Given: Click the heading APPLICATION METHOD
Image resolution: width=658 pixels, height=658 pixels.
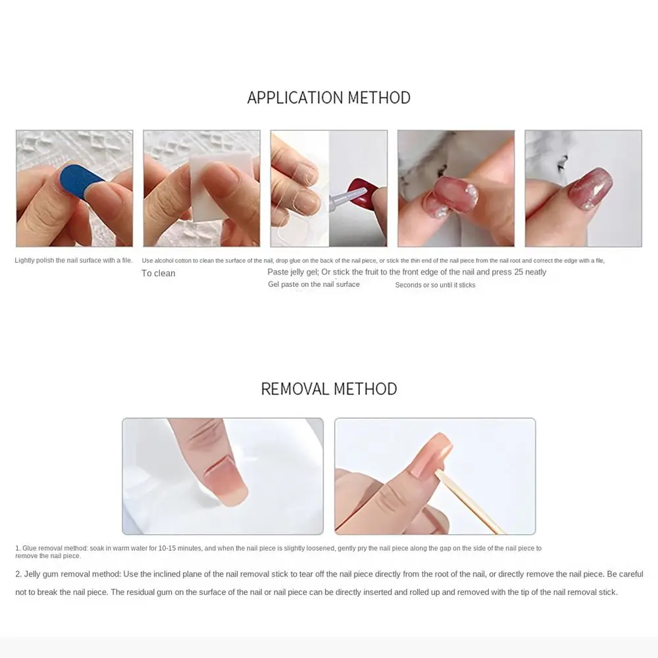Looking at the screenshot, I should [328, 97].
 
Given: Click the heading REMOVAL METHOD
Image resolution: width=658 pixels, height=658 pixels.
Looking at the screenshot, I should [328, 389].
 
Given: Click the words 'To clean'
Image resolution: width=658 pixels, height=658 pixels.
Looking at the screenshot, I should [159, 274].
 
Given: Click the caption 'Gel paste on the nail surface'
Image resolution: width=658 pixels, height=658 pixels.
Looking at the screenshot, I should [314, 285].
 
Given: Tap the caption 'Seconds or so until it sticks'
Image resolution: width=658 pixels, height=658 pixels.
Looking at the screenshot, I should [435, 286].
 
